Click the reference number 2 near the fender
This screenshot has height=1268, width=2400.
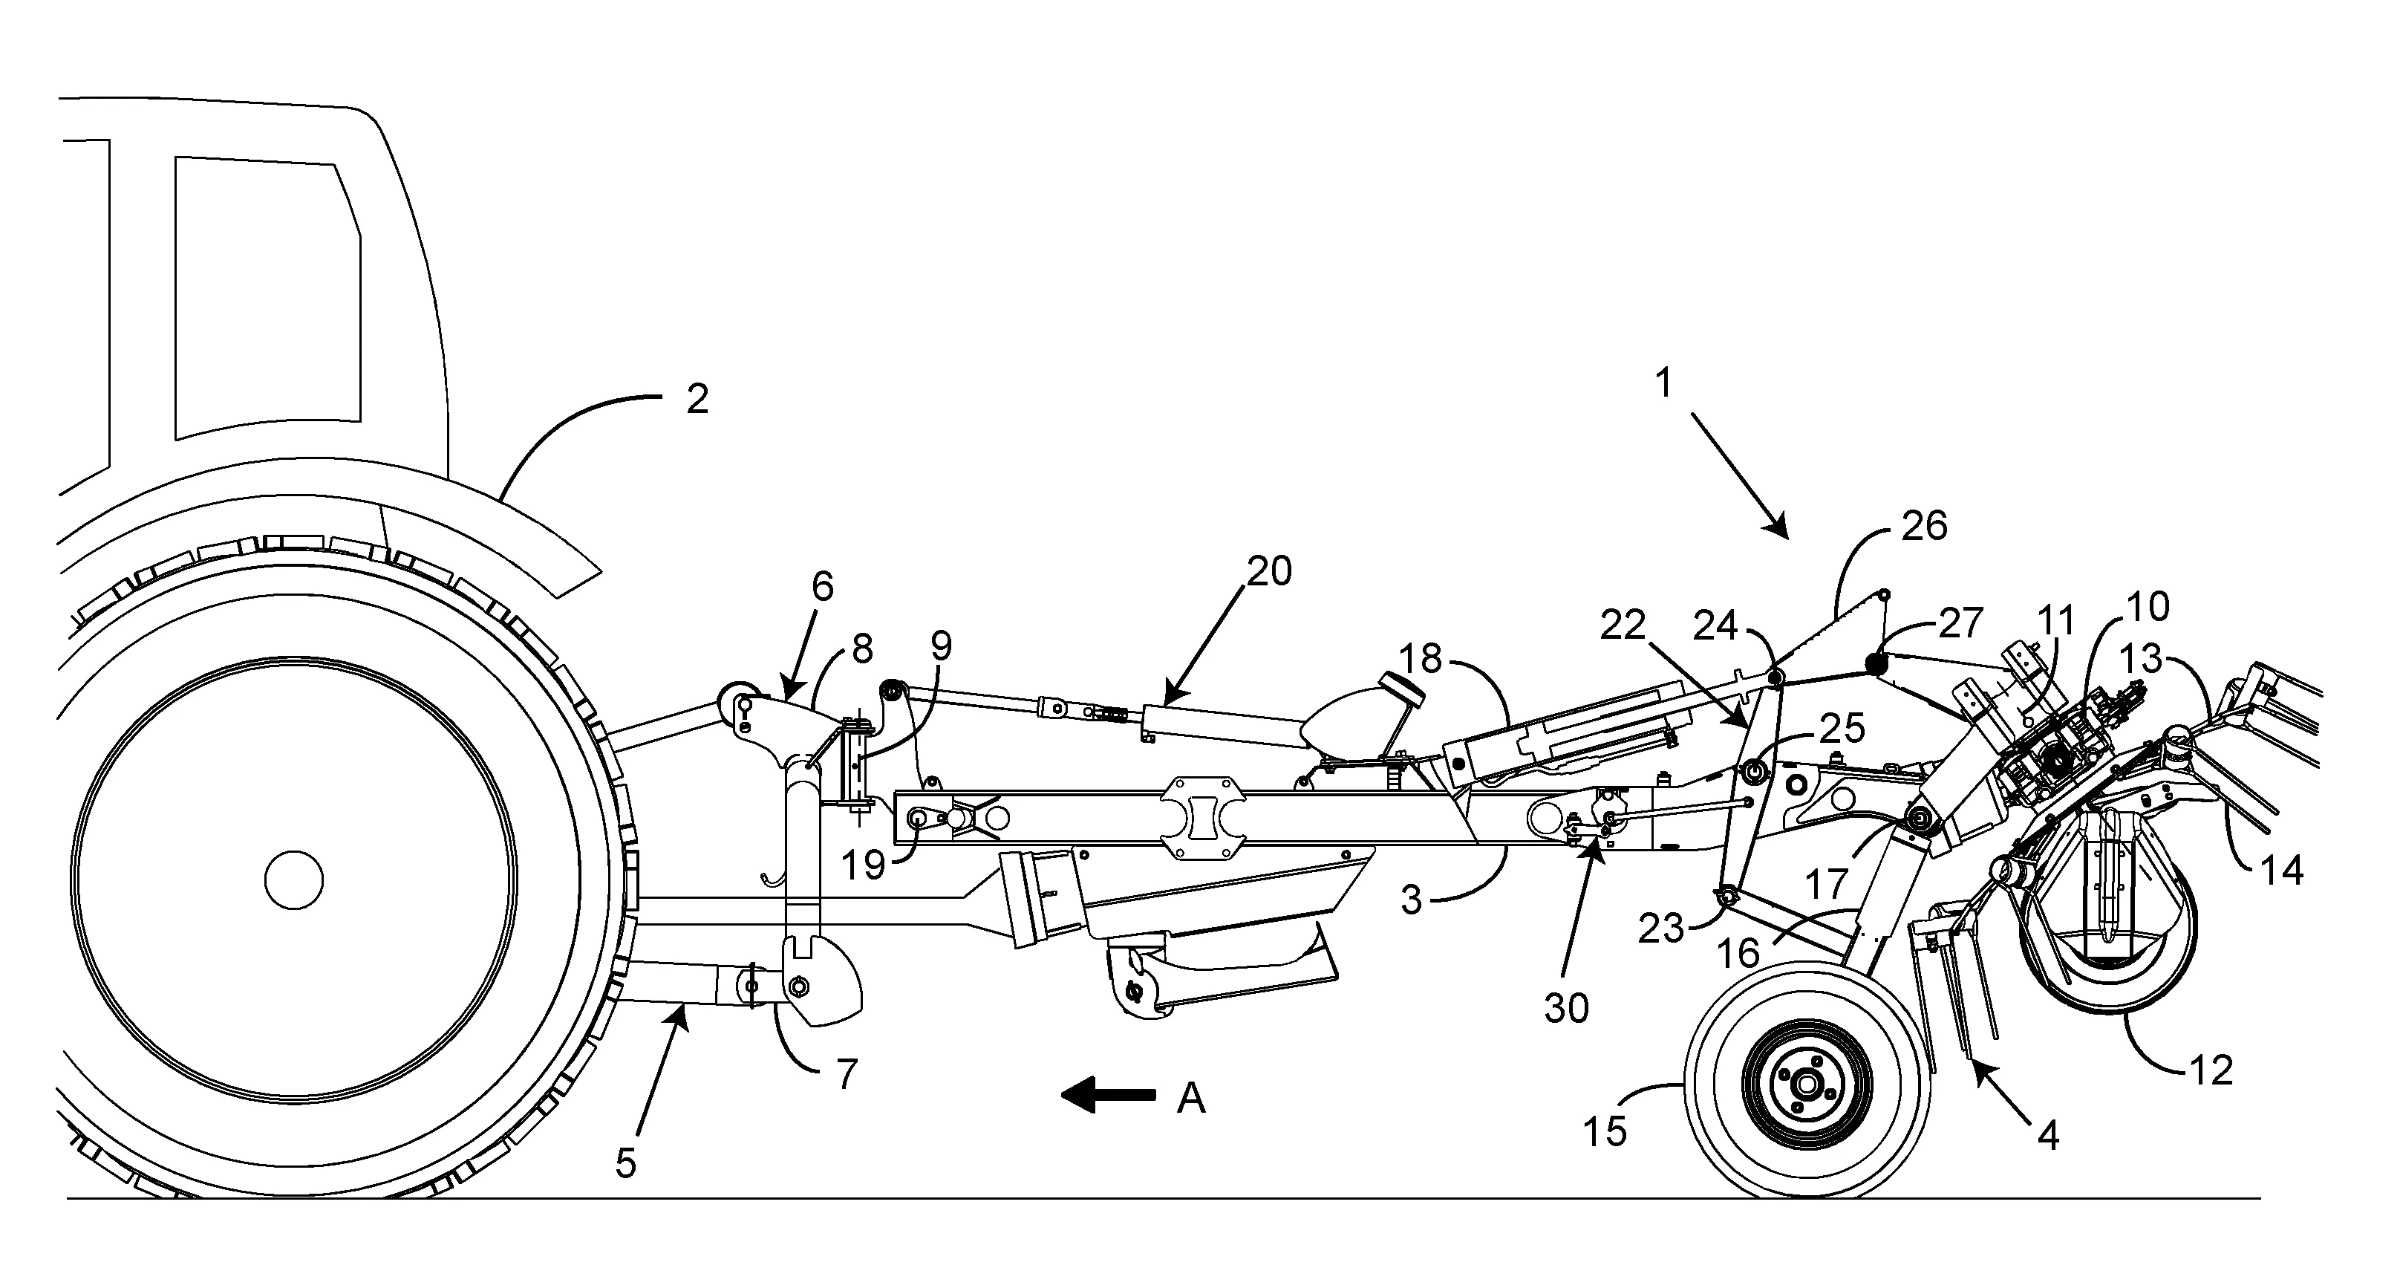(697, 400)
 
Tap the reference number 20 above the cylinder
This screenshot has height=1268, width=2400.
(1269, 571)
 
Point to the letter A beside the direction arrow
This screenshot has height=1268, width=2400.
(1190, 1099)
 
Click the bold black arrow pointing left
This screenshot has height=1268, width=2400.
(1108, 1096)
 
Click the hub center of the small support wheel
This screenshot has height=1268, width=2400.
(1807, 1085)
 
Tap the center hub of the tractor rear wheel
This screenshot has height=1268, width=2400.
(293, 880)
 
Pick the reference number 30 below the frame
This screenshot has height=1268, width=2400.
(1566, 1008)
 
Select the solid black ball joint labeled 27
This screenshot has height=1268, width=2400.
(1876, 663)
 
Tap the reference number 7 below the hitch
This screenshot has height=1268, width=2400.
(845, 1075)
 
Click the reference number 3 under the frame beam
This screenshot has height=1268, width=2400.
(1412, 901)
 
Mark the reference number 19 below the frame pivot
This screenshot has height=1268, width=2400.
(863, 865)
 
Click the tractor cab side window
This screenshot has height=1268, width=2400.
(266, 298)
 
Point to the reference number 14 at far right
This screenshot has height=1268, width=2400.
(2283, 870)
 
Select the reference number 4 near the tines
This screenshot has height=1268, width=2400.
(2048, 1134)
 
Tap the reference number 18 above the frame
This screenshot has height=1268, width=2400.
(1421, 660)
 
